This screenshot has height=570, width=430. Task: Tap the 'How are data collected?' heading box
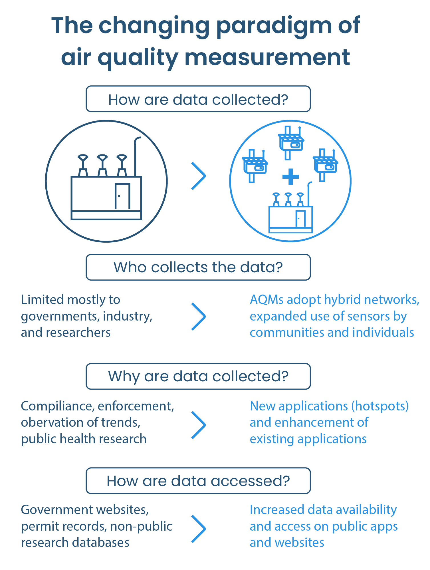tap(198, 99)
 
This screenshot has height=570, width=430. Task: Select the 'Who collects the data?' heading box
tap(198, 267)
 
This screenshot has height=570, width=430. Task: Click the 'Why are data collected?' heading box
tap(198, 376)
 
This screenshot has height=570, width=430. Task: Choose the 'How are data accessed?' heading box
tap(198, 481)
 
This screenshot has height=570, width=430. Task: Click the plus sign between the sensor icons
tap(290, 176)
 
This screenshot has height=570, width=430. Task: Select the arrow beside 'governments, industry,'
tap(199, 317)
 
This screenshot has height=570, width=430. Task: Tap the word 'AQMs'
tap(267, 300)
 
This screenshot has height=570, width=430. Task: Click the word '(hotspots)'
tap(380, 406)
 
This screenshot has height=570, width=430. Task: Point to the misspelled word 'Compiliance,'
tap(57, 406)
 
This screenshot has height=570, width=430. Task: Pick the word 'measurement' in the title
tap(267, 58)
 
